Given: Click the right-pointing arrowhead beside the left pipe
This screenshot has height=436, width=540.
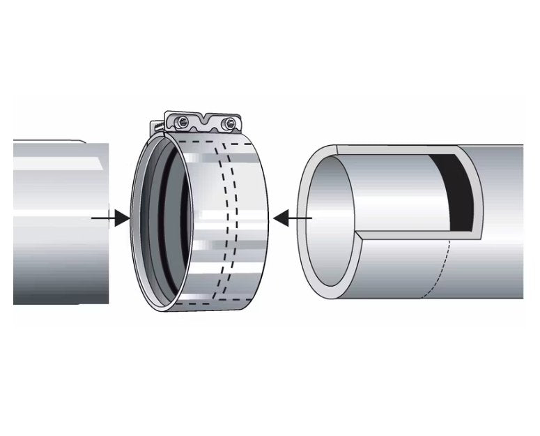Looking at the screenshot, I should [122, 218].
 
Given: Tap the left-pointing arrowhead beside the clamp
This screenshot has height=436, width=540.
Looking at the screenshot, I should [281, 218].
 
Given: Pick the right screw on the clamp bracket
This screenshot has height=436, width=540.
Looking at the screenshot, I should [225, 124].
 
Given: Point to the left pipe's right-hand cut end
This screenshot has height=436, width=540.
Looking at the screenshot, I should [108, 223].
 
